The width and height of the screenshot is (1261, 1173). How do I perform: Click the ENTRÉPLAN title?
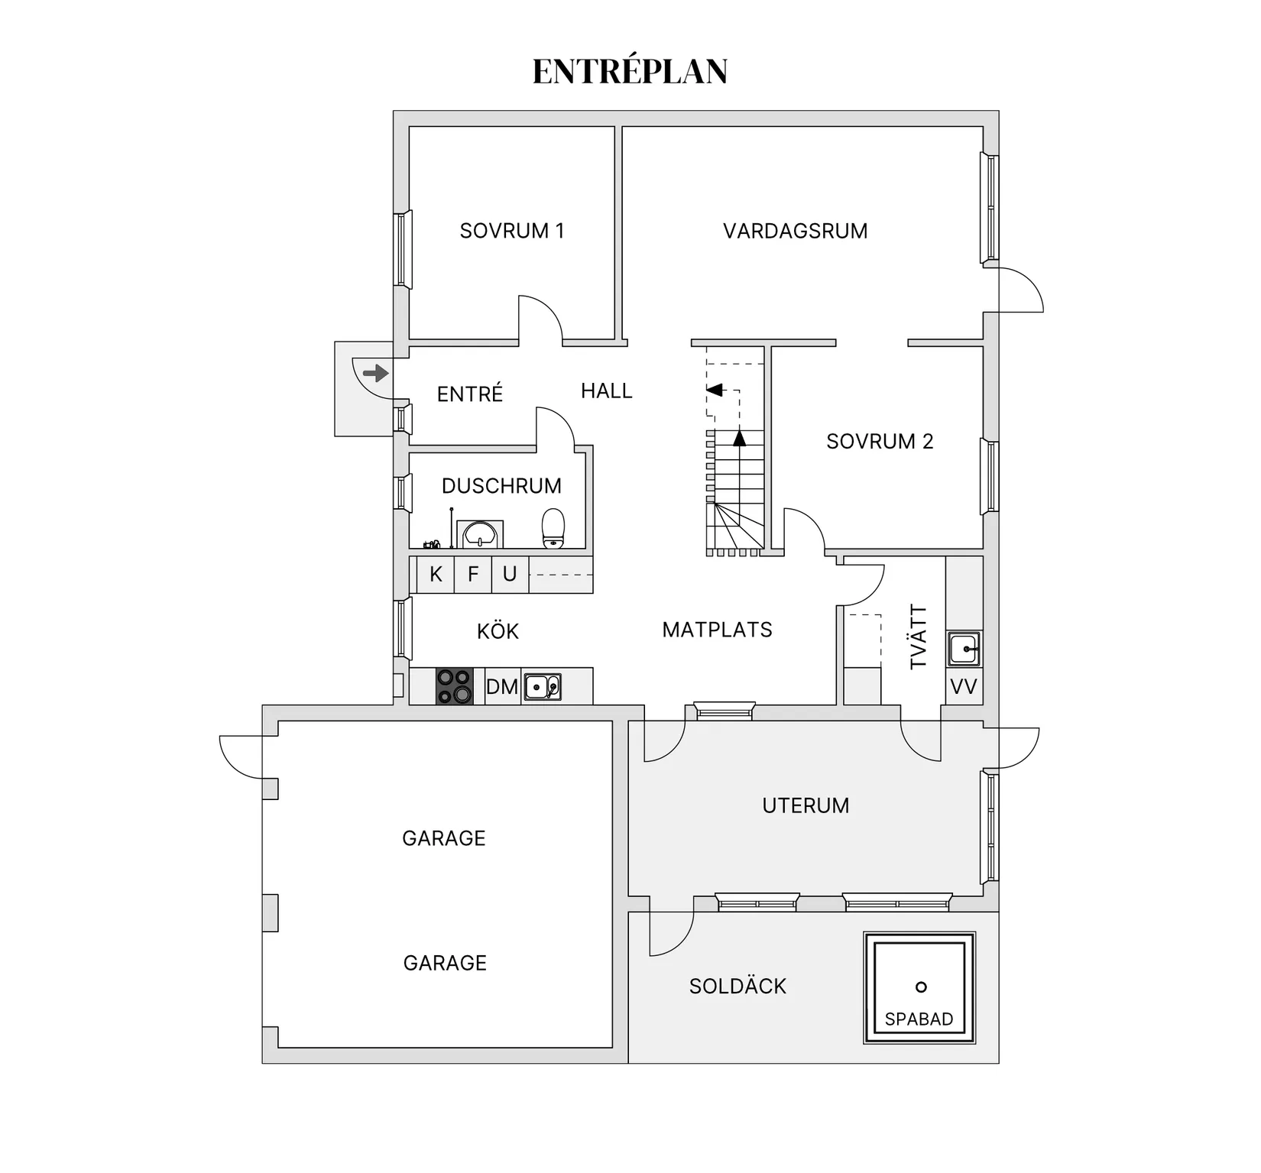[x=630, y=71]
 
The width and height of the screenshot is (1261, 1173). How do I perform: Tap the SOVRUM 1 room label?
[x=511, y=231]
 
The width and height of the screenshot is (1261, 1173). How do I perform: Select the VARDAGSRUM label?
[x=795, y=231]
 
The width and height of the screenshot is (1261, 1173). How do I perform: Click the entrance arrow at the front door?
[x=375, y=374]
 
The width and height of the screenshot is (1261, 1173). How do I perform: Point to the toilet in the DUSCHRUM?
[x=553, y=529]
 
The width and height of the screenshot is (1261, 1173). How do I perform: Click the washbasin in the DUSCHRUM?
[x=480, y=534]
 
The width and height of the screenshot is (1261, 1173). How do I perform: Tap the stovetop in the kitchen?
[x=454, y=686]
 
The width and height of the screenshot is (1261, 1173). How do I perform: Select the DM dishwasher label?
[x=502, y=686]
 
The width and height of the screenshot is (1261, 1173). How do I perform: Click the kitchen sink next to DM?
[x=543, y=686]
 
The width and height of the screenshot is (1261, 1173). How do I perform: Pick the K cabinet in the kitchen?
[x=436, y=575]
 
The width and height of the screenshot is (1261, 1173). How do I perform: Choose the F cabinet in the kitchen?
[x=473, y=575]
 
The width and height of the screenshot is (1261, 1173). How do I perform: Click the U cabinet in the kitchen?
[x=510, y=575]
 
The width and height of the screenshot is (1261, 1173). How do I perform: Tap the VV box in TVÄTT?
[x=963, y=687]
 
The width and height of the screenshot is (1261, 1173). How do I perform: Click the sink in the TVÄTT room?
[x=964, y=649]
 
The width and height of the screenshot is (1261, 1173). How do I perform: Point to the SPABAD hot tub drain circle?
[x=921, y=987]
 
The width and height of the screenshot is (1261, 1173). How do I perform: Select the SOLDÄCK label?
[x=737, y=987]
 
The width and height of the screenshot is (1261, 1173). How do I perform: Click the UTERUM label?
[x=806, y=805]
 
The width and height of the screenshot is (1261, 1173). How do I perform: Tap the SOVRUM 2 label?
[x=880, y=442]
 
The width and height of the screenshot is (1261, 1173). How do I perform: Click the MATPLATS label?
[x=717, y=630]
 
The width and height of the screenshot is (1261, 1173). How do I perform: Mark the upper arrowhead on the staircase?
[x=715, y=390]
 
